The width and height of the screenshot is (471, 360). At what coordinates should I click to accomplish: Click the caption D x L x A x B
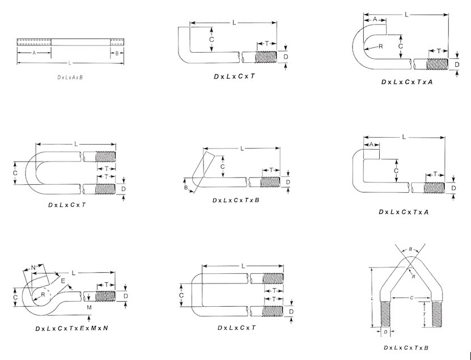[70, 77]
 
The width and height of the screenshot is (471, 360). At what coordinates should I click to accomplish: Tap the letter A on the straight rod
[34, 53]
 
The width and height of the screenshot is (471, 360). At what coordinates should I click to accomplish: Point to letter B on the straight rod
[117, 53]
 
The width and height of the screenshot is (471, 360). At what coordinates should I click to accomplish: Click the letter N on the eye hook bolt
[33, 267]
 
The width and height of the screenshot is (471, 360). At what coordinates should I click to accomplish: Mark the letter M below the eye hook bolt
[89, 307]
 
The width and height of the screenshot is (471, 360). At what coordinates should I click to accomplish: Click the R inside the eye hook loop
[43, 295]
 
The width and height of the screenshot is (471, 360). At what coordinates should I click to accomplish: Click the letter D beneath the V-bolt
[385, 332]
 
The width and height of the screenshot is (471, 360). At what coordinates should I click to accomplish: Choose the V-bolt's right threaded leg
[437, 314]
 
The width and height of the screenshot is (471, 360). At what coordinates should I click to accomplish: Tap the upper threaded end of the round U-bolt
[105, 156]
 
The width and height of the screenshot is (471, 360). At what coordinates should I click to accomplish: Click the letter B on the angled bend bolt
[185, 187]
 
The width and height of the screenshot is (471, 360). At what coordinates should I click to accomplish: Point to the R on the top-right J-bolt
[381, 46]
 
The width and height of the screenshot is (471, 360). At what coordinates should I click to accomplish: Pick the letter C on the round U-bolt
[16, 172]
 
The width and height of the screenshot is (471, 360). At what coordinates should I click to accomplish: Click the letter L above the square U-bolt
[243, 266]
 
